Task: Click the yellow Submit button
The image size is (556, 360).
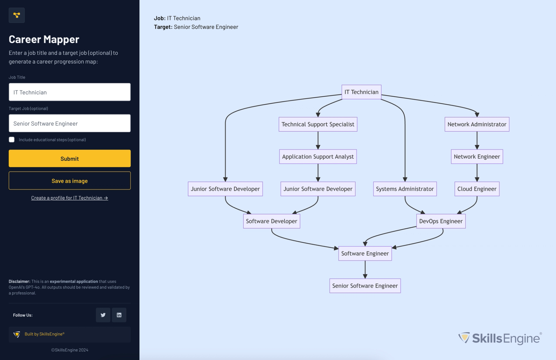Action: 69,158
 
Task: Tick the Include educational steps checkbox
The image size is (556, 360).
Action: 12,139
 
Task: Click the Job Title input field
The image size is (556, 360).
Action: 69,92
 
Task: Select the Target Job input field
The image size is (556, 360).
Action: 69,123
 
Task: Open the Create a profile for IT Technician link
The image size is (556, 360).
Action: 69,198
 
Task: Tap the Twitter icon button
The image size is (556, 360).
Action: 103,315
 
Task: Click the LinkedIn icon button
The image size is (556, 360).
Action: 119,315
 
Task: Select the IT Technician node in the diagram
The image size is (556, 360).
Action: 361,92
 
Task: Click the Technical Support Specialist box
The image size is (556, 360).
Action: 318,124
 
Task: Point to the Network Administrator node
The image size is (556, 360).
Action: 477,124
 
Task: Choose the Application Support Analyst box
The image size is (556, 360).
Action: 318,157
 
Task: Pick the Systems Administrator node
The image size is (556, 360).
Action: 405,189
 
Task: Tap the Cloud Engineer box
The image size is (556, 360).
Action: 477,189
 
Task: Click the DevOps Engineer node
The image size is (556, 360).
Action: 441,221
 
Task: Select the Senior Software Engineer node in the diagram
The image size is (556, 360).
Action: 365,286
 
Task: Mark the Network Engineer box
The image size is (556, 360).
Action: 477,157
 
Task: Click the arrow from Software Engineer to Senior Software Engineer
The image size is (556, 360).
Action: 365,270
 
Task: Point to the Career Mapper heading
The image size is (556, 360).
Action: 44,39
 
